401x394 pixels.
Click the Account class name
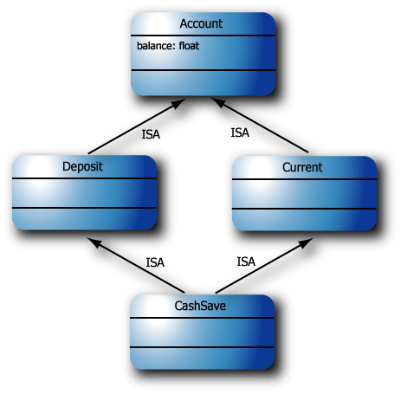tap(201, 23)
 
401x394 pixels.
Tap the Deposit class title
tap(83, 166)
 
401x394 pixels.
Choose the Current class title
tap(302, 166)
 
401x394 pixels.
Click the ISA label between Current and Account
tap(240, 132)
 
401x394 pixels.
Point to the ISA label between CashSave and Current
tap(246, 261)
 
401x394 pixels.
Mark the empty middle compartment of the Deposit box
tap(85, 192)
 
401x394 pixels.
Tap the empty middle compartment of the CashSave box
tap(202, 333)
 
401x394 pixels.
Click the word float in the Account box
tap(189, 44)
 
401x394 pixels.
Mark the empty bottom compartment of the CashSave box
tap(202, 358)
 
